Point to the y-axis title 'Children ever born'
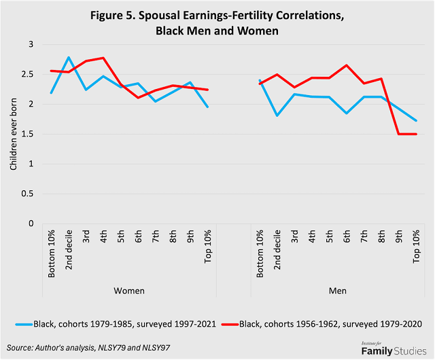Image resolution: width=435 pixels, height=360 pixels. pyautogui.click(x=12, y=134)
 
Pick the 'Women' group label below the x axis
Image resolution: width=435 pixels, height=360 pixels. pyautogui.click(x=130, y=291)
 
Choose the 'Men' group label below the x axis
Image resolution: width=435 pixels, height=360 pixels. pyautogui.click(x=337, y=291)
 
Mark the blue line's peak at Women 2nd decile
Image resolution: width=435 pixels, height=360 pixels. pyautogui.click(x=69, y=57)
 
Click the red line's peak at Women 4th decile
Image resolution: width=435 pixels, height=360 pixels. pyautogui.click(x=104, y=58)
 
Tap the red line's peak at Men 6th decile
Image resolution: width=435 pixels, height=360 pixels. pyautogui.click(x=346, y=65)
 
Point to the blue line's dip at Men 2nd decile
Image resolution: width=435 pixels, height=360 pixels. pyautogui.click(x=277, y=115)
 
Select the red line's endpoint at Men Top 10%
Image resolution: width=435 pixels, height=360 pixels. pyautogui.click(x=415, y=134)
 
